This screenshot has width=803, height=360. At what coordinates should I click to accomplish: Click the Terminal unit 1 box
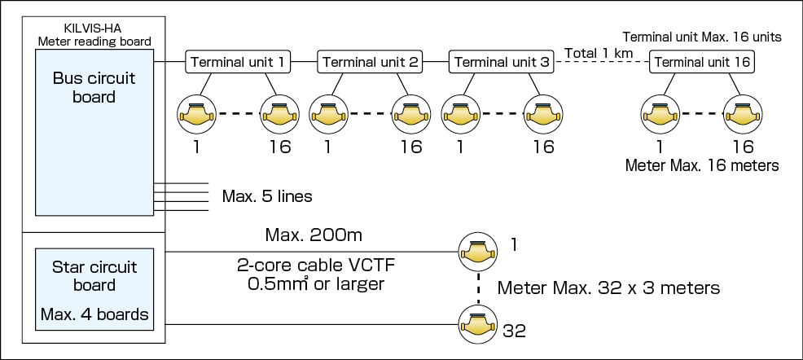point(236,61)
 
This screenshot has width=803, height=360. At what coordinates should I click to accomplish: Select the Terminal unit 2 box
point(368,61)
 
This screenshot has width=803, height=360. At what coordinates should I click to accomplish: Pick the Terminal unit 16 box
point(702,61)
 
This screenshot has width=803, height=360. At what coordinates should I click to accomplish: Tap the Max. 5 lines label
point(266,196)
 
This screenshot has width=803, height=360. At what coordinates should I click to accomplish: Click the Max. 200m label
point(313,236)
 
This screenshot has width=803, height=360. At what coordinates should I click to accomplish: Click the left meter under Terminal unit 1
point(197,115)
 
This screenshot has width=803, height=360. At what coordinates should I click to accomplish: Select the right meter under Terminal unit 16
point(743,115)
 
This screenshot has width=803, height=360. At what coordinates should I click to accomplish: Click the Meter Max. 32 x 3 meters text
point(608,288)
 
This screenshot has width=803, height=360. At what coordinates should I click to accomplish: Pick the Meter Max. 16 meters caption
point(702,165)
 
